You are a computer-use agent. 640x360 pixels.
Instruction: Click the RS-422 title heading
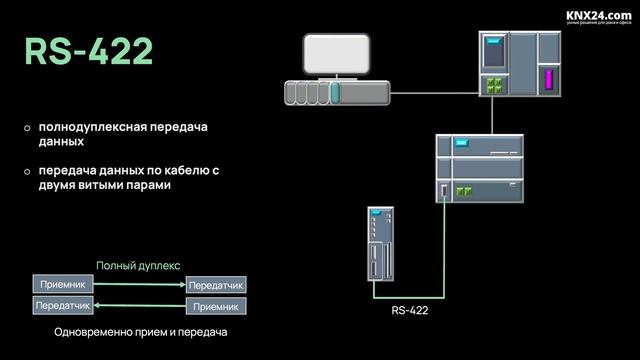(89, 52)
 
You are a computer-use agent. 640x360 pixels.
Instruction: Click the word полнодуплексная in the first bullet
(92, 128)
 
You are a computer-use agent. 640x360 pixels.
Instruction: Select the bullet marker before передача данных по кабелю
(28, 172)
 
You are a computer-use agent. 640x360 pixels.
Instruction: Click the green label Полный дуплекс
(138, 266)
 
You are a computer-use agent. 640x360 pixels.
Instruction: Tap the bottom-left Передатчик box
(63, 305)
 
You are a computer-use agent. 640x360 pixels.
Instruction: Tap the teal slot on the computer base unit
(336, 93)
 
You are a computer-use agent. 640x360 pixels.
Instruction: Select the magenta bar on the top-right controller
(547, 81)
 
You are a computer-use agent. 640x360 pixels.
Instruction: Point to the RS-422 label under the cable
(409, 311)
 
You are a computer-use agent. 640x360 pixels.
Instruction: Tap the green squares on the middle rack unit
(462, 189)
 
